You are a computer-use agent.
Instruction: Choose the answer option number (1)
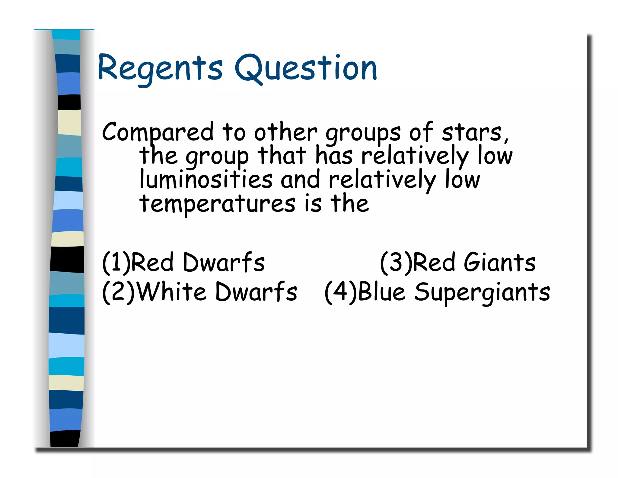coord(116,263)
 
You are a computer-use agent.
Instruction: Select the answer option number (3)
coord(396,263)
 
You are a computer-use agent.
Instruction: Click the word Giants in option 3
coord(499,262)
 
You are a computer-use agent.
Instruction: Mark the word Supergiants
coord(482,292)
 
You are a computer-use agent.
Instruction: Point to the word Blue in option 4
coord(381,292)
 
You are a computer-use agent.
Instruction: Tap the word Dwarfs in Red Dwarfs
coord(224,262)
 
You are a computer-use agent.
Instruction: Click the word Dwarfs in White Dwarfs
coord(256,292)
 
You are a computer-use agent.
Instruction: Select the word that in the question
coord(282,156)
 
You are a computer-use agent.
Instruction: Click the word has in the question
coord(334,156)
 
